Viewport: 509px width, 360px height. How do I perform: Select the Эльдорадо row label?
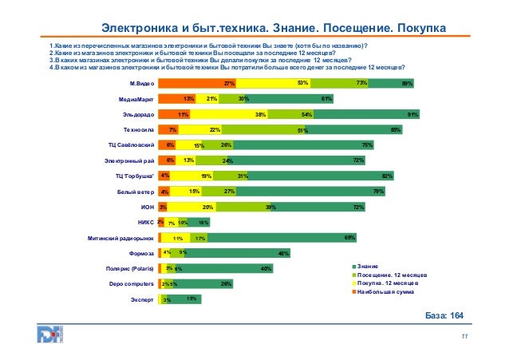coord(138,114)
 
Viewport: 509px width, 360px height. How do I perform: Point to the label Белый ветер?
coord(135,192)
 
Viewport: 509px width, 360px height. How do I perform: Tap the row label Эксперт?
coord(141,299)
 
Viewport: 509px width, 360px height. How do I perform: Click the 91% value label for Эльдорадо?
coord(412,114)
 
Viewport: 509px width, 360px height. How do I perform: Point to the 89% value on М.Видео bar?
coord(407,83)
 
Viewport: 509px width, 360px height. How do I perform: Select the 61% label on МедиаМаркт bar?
coord(326,99)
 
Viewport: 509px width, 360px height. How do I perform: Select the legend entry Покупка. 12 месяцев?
coord(389,283)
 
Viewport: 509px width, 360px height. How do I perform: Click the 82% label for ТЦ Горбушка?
coord(389,176)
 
